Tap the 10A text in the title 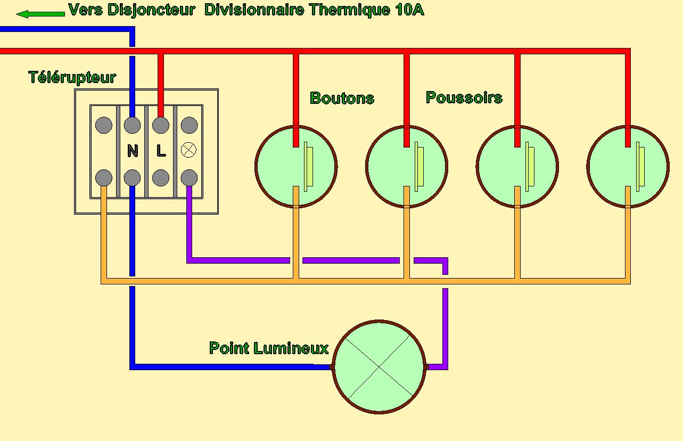pyautogui.click(x=409, y=10)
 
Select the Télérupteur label pyautogui.click(x=72, y=77)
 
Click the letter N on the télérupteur pyautogui.click(x=133, y=151)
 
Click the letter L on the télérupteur pyautogui.click(x=161, y=151)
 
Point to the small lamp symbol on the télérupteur pyautogui.click(x=189, y=151)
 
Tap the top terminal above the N pyautogui.click(x=133, y=126)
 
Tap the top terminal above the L pyautogui.click(x=161, y=126)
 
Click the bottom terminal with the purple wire pyautogui.click(x=189, y=177)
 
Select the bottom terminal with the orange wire pyautogui.click(x=104, y=177)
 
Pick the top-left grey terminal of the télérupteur pyautogui.click(x=104, y=126)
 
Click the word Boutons pyautogui.click(x=342, y=98)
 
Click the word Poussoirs pyautogui.click(x=464, y=97)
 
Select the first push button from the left pyautogui.click(x=296, y=166)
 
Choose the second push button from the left pyautogui.click(x=407, y=166)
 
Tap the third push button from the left pyautogui.click(x=517, y=166)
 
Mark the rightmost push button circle pyautogui.click(x=628, y=166)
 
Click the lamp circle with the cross pyautogui.click(x=379, y=366)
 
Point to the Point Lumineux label pyautogui.click(x=269, y=348)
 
